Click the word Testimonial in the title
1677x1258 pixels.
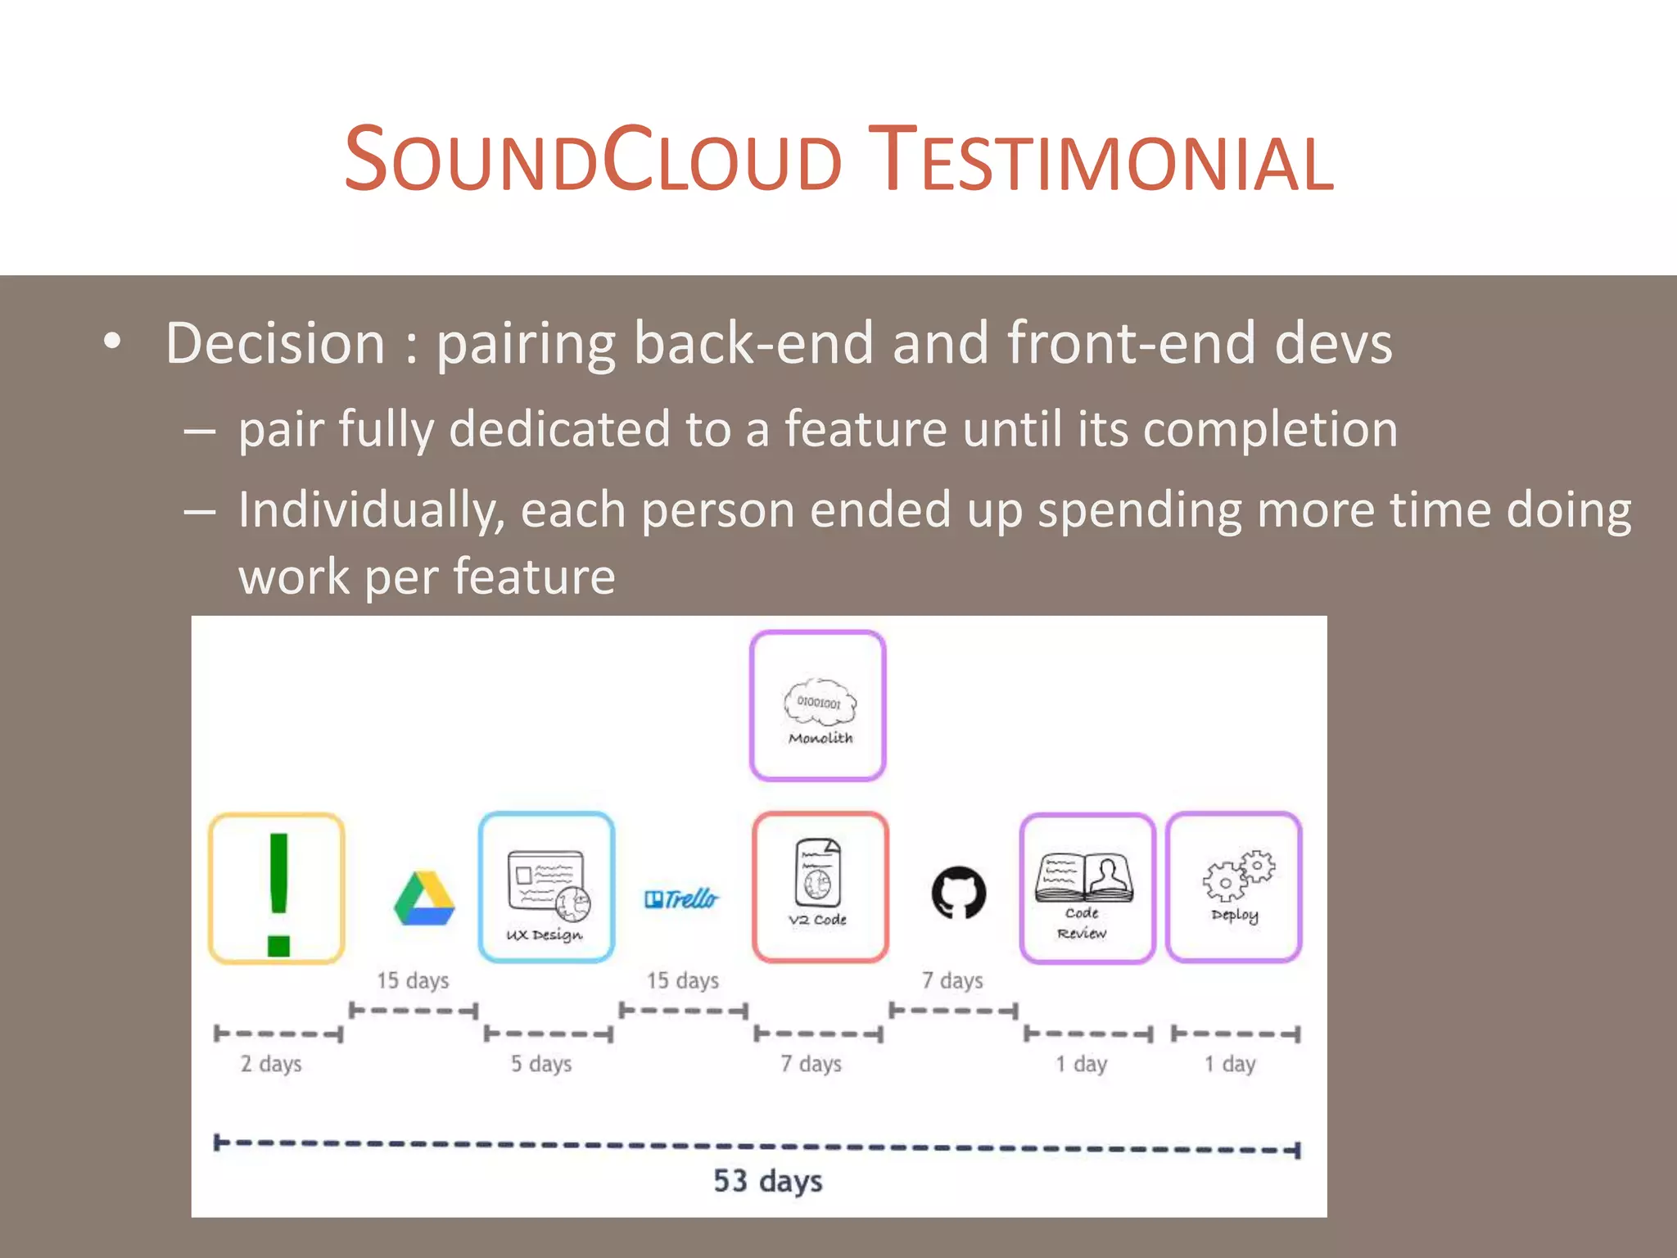click(1101, 160)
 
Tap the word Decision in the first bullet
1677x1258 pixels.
click(275, 343)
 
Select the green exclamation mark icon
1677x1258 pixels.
click(278, 889)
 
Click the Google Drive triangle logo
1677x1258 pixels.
click(424, 898)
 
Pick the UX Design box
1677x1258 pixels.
click(546, 888)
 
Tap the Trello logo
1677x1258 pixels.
click(681, 899)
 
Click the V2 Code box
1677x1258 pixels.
click(820, 888)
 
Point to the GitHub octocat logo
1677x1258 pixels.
click(959, 893)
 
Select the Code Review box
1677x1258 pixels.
click(1087, 889)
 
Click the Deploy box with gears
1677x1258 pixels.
click(1234, 888)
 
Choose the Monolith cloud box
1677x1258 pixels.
click(818, 706)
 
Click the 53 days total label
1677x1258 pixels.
click(767, 1181)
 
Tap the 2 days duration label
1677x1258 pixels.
click(271, 1064)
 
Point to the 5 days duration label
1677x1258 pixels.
click(541, 1064)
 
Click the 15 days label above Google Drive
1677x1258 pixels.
click(413, 980)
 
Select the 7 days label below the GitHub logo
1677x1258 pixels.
click(952, 980)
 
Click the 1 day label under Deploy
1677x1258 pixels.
click(1229, 1064)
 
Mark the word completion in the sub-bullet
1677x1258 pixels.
click(1270, 429)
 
